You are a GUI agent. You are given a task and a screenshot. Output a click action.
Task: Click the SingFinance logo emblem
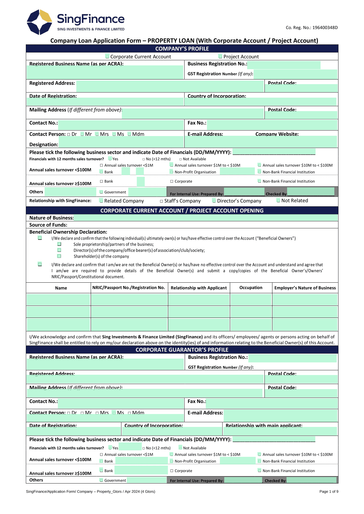click(x=39, y=22)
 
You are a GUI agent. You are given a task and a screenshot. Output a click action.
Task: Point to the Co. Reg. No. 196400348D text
click(x=311, y=28)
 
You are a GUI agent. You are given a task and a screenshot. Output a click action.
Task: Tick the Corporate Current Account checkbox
click(x=107, y=57)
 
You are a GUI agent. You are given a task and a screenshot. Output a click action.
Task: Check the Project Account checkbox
click(x=220, y=57)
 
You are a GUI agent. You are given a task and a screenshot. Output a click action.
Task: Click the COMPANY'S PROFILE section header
click(x=182, y=49)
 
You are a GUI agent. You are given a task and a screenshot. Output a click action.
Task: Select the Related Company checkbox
click(x=101, y=201)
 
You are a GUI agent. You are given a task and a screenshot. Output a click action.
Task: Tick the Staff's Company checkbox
click(x=161, y=201)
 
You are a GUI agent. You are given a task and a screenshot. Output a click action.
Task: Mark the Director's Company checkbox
click(x=214, y=201)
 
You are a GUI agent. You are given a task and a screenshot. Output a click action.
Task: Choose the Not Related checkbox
click(x=278, y=201)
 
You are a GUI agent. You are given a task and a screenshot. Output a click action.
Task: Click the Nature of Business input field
click(x=205, y=218)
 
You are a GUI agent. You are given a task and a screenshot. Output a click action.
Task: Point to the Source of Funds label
click(x=48, y=225)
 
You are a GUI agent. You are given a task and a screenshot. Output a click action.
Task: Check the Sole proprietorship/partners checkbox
click(x=59, y=244)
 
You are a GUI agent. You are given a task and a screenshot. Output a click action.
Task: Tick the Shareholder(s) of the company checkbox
click(x=59, y=256)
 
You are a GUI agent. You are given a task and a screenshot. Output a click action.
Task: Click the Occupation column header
click(x=251, y=288)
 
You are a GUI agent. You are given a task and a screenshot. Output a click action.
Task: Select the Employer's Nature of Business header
click(x=305, y=288)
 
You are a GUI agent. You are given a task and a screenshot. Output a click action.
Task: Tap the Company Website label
click(x=277, y=134)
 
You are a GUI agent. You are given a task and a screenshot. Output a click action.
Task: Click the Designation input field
click(x=121, y=143)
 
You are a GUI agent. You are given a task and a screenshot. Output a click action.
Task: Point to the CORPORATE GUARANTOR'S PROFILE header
click(x=182, y=350)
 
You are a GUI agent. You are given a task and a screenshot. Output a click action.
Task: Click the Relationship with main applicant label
click(x=264, y=425)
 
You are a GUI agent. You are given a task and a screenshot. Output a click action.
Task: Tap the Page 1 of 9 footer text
click(x=328, y=491)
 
